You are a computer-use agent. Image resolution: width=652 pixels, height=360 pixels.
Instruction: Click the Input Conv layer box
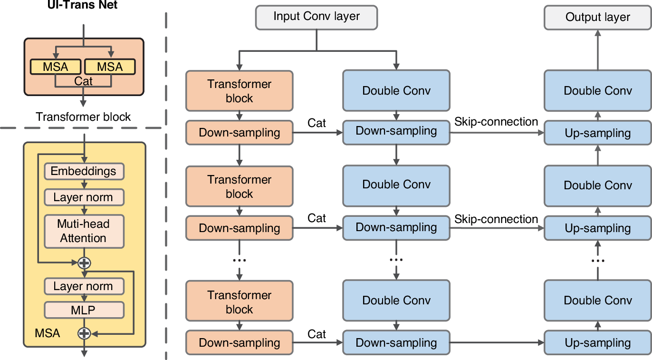(316, 17)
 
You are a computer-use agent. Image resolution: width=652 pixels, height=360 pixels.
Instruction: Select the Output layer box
(597, 17)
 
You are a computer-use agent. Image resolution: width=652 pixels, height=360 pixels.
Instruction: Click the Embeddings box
(84, 171)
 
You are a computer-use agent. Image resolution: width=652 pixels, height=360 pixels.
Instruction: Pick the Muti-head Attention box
(84, 231)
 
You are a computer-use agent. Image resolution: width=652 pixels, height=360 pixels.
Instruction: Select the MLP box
(84, 310)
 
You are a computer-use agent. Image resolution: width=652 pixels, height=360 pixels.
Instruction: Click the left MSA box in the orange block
(56, 67)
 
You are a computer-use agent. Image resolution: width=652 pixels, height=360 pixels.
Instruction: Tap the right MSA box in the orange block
(110, 67)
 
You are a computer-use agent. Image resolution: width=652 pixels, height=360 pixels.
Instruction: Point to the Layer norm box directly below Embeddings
(84, 197)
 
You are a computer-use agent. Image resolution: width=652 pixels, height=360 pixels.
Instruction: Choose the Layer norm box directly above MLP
(84, 286)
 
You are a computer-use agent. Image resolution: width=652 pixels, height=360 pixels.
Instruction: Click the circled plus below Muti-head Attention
(84, 263)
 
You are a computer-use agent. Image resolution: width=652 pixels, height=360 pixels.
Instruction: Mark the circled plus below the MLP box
(84, 333)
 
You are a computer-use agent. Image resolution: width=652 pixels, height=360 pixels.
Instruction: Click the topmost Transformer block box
(240, 91)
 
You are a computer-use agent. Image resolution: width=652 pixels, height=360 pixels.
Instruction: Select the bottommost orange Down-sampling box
(240, 343)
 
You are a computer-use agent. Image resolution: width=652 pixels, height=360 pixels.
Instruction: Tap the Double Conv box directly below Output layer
(597, 91)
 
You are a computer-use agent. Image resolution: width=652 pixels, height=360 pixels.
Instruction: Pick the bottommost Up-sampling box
(597, 343)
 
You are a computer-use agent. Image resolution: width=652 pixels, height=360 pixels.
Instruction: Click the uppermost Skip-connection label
(496, 122)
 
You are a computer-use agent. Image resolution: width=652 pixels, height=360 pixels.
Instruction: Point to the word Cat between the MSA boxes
(84, 81)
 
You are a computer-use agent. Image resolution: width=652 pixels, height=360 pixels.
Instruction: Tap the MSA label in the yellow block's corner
(48, 333)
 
